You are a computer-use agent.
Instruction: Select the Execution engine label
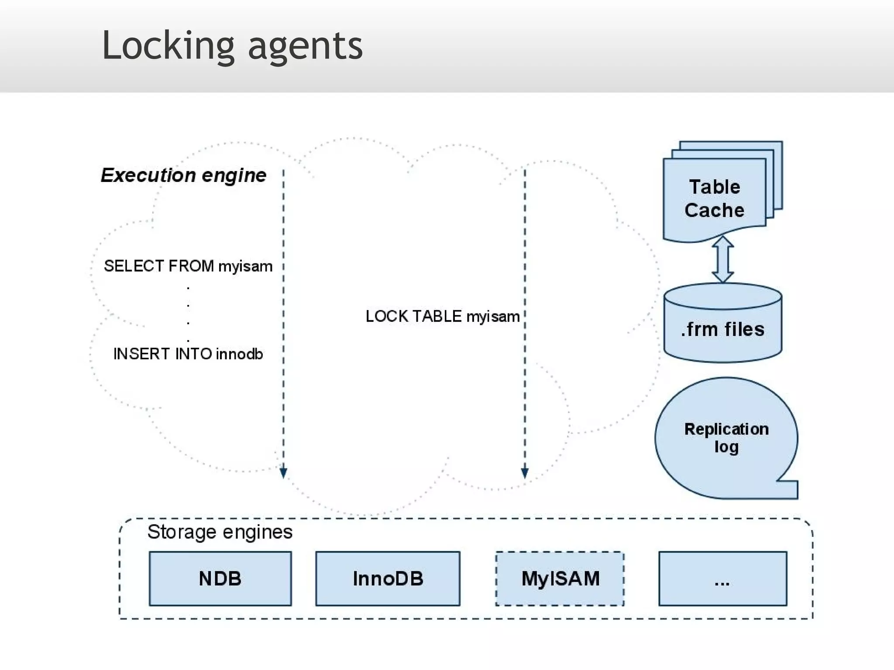point(183,175)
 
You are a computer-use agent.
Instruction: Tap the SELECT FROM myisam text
point(188,266)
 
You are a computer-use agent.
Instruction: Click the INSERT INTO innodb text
point(188,354)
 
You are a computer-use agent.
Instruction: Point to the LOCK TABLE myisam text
point(442,316)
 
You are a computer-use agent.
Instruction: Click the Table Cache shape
point(714,198)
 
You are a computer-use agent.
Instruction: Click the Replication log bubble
point(726,438)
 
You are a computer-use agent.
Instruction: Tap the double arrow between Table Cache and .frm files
point(722,260)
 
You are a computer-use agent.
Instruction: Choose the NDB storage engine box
point(220,579)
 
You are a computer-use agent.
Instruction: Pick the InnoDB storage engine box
point(388,579)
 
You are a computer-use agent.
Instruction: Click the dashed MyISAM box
point(560,579)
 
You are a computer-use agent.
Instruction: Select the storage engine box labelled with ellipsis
point(722,579)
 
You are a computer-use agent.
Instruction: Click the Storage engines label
point(220,532)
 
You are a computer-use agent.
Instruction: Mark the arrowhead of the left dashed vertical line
point(283,473)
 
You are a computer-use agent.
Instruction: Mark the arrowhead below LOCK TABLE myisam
point(525,473)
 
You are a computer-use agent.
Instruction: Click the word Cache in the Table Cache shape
point(714,211)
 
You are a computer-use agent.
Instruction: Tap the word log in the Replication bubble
point(726,447)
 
